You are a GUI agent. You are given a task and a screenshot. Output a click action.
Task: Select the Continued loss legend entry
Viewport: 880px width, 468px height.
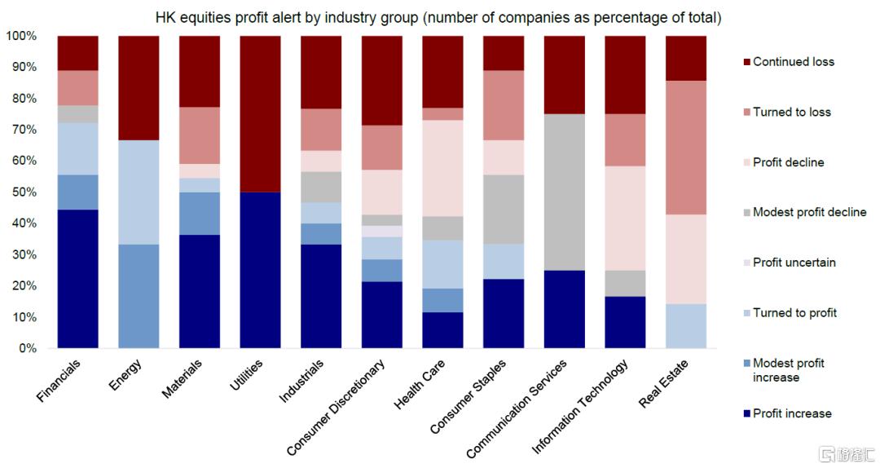pos(793,61)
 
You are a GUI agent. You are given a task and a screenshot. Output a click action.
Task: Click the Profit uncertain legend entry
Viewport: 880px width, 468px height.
pos(794,263)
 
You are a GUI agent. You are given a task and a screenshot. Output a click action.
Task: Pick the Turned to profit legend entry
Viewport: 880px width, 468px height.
pos(794,312)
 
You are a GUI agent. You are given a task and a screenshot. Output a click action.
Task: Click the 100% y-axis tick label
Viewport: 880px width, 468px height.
pos(21,36)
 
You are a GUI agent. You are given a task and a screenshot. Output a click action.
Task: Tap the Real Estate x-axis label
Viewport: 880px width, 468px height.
pos(664,383)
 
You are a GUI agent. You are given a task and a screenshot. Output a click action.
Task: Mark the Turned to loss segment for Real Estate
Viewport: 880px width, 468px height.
pos(685,148)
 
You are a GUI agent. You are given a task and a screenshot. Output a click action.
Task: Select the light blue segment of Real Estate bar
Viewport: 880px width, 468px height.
pos(685,326)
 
